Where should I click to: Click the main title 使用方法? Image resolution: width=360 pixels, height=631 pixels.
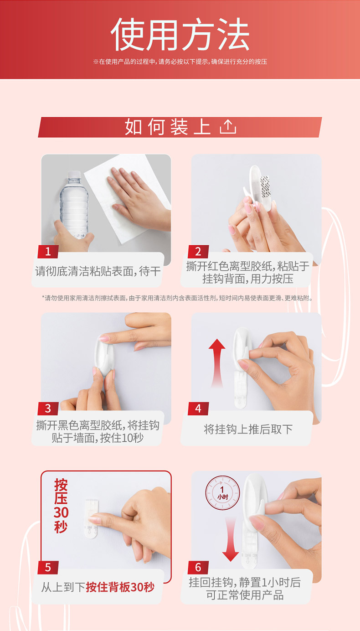pos(180,34)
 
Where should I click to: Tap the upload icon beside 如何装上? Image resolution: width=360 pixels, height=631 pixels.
pos(228,126)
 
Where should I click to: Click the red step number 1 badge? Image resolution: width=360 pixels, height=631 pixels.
pos(48,251)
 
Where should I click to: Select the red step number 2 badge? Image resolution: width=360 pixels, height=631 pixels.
pos(198,251)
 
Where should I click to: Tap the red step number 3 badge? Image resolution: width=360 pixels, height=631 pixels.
pos(48,409)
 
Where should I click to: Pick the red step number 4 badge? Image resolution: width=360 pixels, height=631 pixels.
pos(198,409)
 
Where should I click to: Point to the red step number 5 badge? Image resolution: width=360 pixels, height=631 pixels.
pos(48,567)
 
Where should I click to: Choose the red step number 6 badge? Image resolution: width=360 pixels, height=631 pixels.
pos(198,567)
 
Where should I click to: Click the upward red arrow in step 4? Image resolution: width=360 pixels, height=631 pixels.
pos(217,363)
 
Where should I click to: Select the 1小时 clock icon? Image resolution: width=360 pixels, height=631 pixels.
pos(223,493)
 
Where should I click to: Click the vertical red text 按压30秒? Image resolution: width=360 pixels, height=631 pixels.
pos(61,506)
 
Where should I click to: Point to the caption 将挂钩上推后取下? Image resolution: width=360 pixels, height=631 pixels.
pos(248,429)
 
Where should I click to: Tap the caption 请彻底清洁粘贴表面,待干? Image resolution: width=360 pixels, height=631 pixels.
pos(98,271)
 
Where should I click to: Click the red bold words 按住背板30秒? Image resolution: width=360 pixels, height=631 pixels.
pos(120,587)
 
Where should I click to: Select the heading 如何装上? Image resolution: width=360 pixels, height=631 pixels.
pos(168,127)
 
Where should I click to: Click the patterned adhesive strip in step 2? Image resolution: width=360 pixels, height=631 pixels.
pos(265,186)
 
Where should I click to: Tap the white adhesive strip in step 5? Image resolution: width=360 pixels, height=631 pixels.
pos(91,519)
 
